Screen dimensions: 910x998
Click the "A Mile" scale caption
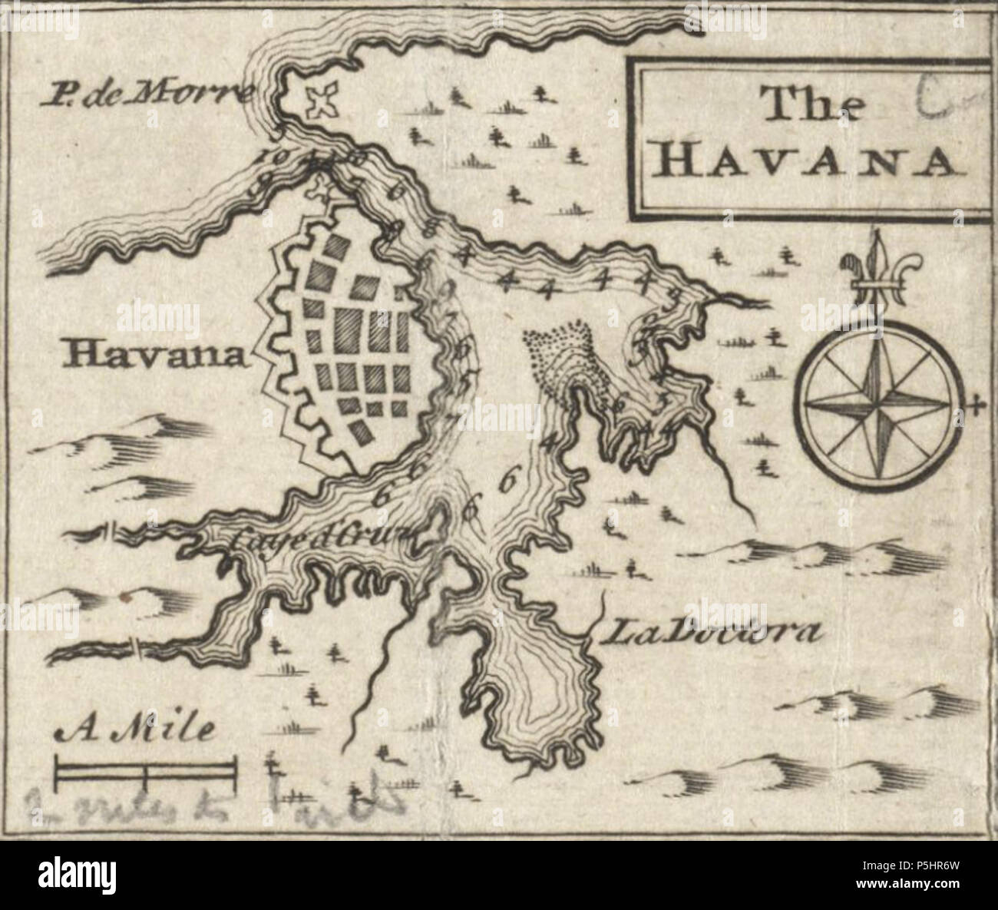[x=135, y=729]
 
